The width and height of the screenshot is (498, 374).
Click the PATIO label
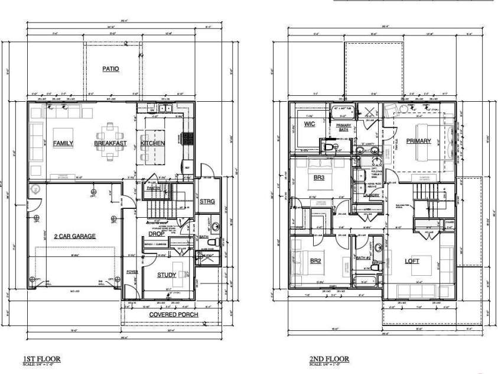coord(110,69)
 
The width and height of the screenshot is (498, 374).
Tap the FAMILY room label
coord(63,143)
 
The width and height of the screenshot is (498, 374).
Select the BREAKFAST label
coord(110,143)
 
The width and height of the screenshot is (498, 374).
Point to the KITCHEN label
coord(152,143)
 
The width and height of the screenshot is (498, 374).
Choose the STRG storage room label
coord(207,202)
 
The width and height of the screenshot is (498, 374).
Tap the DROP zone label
coord(156,234)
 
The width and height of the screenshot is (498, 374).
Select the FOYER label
coord(132,272)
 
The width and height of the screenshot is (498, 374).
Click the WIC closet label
coord(310,124)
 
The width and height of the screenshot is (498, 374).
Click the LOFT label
coord(412,261)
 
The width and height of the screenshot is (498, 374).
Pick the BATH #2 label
coord(364,257)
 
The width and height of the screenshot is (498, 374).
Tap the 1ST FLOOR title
coord(41,359)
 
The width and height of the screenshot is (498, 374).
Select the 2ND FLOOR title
coord(329,359)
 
